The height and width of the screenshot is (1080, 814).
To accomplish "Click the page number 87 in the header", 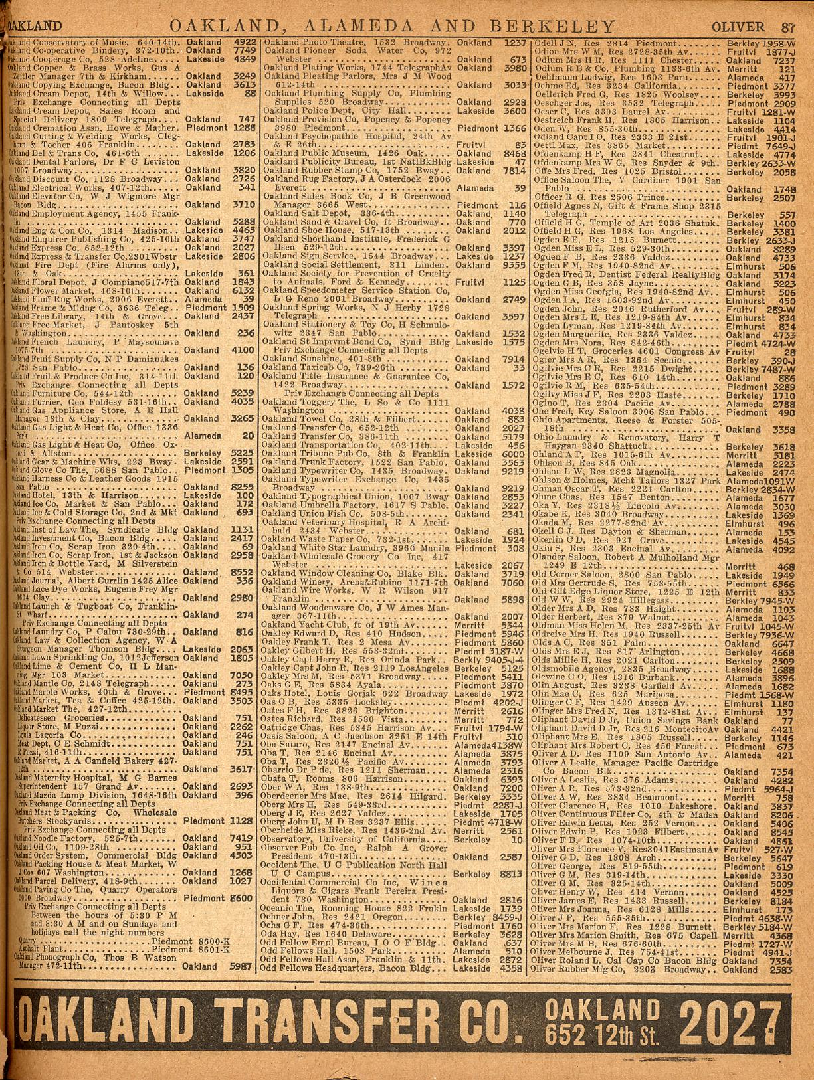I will tap(789, 27).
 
